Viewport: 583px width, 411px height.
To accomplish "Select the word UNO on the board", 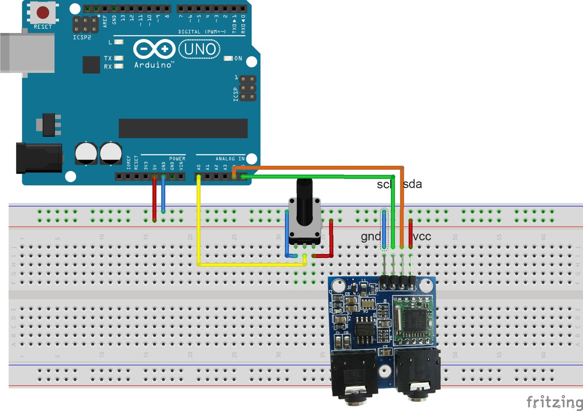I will (200, 49).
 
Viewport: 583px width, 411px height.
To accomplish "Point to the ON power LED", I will (228, 59).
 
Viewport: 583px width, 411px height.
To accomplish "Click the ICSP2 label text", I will (82, 37).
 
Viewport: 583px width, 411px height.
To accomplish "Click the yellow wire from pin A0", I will (198, 225).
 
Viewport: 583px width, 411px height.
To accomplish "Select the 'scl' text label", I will (383, 185).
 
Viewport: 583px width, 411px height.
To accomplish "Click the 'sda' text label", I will (412, 184).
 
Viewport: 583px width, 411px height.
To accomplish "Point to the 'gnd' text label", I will (370, 236).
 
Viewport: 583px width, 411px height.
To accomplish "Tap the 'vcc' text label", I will (422, 236).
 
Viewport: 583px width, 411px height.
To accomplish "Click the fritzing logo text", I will (554, 401).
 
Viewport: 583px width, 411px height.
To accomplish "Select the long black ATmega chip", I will (183, 128).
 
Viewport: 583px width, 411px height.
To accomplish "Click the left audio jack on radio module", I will (353, 377).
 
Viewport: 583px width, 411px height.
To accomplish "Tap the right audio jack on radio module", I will (418, 373).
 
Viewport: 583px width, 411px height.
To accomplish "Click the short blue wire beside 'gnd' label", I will (384, 229).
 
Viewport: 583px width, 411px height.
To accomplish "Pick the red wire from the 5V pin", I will (154, 199).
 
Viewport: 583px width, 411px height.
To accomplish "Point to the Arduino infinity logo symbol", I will (154, 49).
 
